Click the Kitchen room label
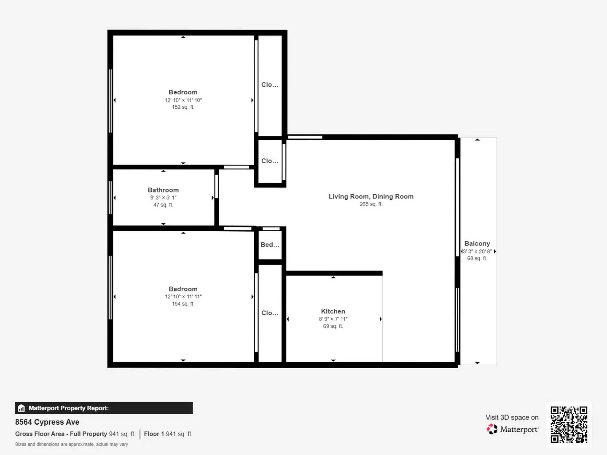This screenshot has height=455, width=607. (x=333, y=311)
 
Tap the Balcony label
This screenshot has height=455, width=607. (x=477, y=244)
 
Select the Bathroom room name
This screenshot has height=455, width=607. (x=163, y=190)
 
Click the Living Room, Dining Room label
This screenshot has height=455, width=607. (x=371, y=196)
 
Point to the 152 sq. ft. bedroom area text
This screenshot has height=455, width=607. (x=183, y=107)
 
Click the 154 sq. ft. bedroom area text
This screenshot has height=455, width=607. (x=183, y=304)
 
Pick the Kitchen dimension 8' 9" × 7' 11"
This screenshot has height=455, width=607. (x=333, y=319)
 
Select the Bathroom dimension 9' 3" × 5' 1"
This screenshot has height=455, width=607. (x=163, y=198)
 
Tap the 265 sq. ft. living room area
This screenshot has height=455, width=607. (x=371, y=204)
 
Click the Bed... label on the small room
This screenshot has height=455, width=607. (x=270, y=245)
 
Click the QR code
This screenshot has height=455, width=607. (x=569, y=425)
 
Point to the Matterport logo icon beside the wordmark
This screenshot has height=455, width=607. (x=492, y=429)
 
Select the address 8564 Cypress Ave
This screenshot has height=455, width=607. (x=47, y=422)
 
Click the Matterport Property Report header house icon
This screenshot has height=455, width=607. (x=21, y=408)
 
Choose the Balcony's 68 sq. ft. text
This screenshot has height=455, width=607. (x=477, y=258)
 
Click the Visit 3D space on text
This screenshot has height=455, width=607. (x=512, y=418)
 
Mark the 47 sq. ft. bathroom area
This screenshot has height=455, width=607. (x=163, y=205)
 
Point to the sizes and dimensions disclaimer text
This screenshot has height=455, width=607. (x=72, y=444)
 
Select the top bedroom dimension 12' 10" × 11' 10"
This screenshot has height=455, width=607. (x=183, y=100)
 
